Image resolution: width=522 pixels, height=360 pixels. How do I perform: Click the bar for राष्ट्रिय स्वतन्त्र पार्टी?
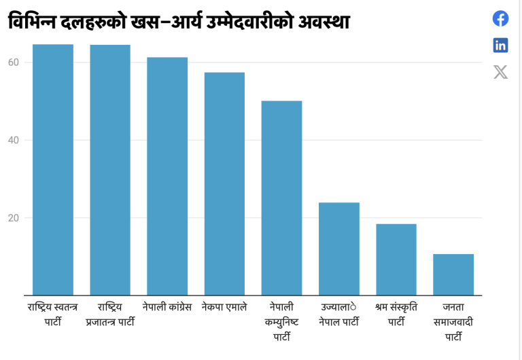tap(53, 170)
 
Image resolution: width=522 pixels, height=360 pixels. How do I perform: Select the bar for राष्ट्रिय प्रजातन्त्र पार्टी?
tap(110, 170)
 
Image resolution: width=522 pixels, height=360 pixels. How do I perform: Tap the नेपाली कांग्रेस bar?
tap(167, 177)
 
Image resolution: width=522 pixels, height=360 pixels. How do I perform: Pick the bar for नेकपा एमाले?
tap(224, 183)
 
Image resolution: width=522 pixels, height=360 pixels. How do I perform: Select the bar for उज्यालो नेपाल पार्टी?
tap(338, 249)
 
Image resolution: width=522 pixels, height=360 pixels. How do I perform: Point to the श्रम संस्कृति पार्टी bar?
tap(396, 259)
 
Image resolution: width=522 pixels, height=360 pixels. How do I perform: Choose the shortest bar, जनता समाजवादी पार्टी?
tap(453, 274)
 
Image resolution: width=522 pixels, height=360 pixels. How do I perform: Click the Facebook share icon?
tap(500, 18)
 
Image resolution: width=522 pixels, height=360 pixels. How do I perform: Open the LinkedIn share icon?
tap(500, 46)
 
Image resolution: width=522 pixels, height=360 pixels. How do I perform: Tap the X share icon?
tap(500, 72)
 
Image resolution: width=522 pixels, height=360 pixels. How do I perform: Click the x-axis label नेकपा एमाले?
tap(224, 307)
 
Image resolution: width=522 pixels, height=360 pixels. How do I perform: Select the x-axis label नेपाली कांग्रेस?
tap(167, 307)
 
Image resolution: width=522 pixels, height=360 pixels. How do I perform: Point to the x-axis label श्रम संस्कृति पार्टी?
tap(396, 314)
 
